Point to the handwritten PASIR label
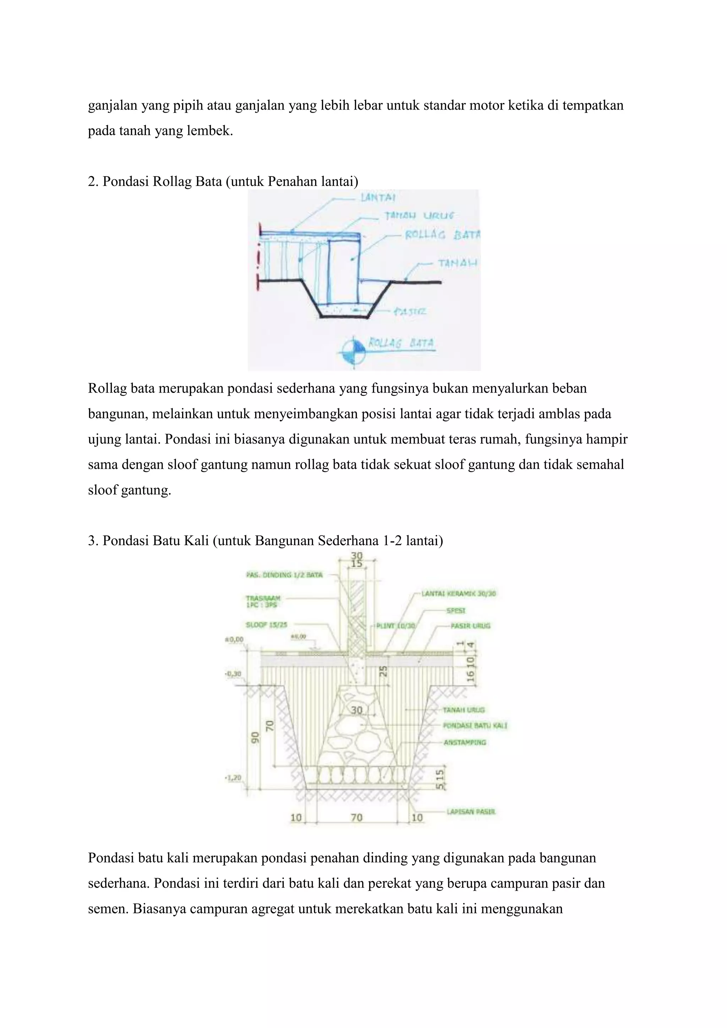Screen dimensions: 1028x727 point(410,312)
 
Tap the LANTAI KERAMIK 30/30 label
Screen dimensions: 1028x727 point(458,594)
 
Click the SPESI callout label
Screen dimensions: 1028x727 point(456,611)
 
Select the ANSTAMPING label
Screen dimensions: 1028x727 point(465,743)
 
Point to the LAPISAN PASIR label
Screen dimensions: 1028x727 point(471,812)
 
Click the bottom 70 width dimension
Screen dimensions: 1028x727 point(356,818)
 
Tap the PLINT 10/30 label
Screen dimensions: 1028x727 point(395,626)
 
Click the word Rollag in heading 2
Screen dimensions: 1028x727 point(170,181)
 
